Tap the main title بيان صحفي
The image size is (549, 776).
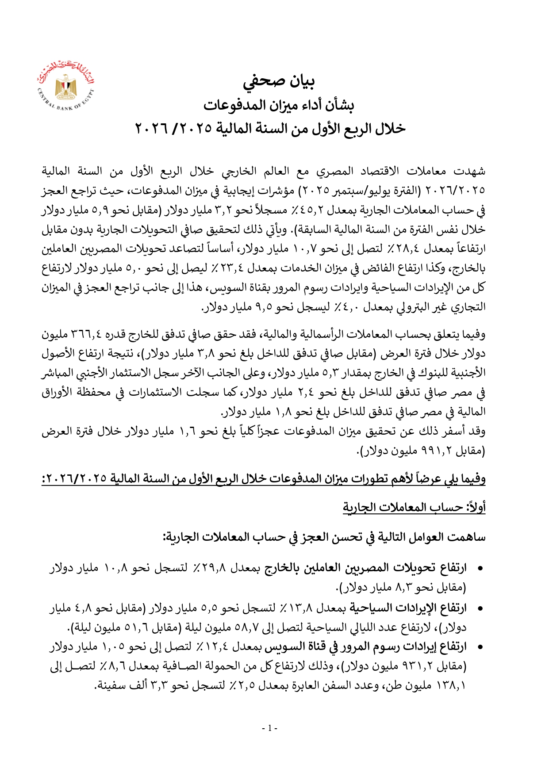coord(279,81)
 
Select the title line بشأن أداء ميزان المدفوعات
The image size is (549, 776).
coord(279,105)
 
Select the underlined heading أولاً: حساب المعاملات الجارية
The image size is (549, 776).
coord(414,507)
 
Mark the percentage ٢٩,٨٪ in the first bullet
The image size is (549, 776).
coord(211,568)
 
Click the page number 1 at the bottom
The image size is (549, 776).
coord(270,728)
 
